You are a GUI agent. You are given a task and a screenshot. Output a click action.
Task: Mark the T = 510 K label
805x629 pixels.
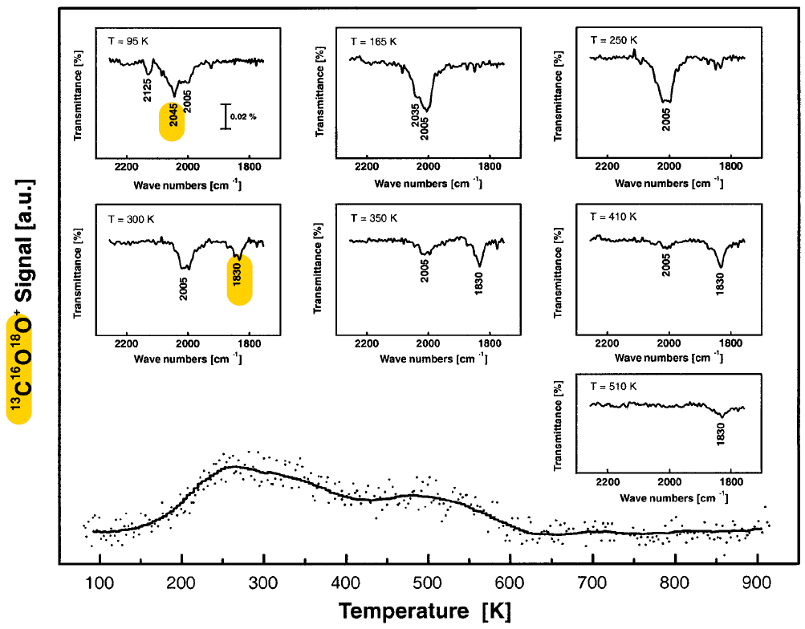pos(613,386)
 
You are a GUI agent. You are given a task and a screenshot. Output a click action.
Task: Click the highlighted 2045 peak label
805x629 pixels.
pos(173,120)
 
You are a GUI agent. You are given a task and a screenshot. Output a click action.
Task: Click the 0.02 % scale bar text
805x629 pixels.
pos(243,117)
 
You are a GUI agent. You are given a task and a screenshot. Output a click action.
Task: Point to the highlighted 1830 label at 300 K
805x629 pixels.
pos(239,279)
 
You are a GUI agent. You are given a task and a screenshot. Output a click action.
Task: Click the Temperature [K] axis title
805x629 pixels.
pos(419,611)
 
